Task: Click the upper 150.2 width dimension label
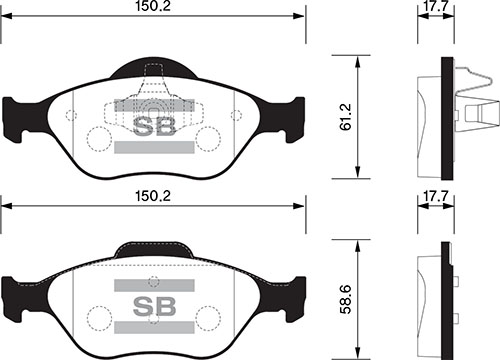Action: (x=151, y=9)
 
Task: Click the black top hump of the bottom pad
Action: (x=152, y=247)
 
